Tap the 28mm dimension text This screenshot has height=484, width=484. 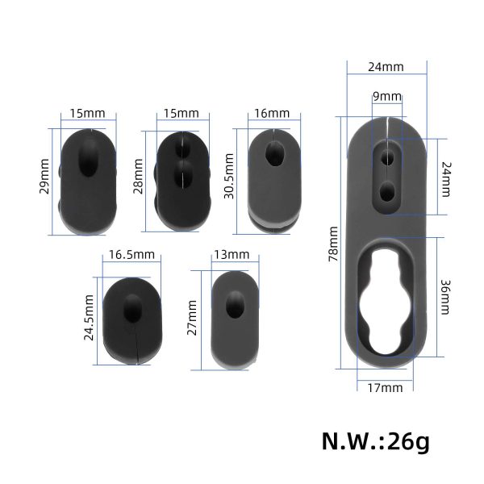pos(138,176)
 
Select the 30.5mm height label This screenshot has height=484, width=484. pos(231,179)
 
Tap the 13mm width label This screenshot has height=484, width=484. pos(231,255)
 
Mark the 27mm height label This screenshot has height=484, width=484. pos(191,319)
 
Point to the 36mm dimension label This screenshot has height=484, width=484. pos(447,296)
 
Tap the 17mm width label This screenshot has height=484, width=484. pos(385,388)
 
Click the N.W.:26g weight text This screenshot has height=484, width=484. pos(376,441)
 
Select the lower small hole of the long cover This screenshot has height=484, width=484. pos(388,191)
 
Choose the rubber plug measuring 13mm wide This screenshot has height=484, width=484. pos(233,320)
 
